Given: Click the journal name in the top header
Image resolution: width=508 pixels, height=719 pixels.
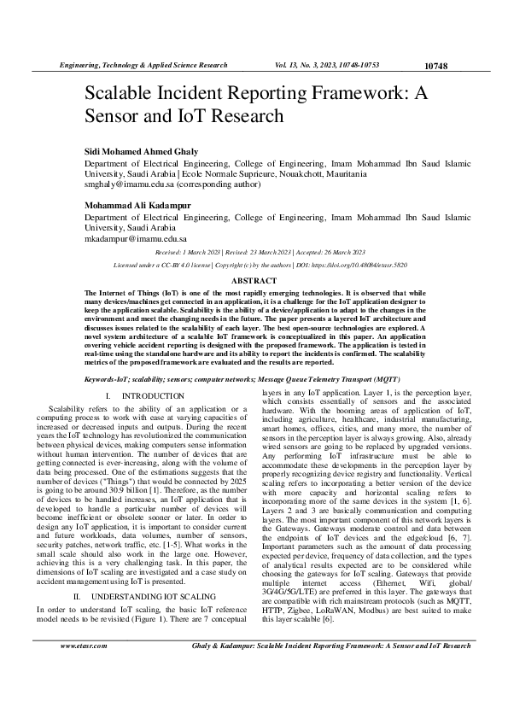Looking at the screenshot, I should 142,65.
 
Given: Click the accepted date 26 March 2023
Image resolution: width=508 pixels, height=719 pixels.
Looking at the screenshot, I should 338,253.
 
